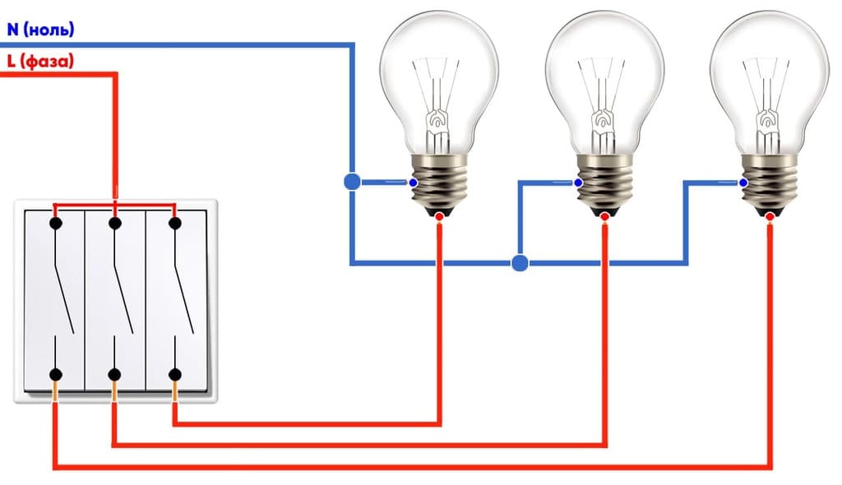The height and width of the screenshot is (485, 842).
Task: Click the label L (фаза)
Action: [40, 61]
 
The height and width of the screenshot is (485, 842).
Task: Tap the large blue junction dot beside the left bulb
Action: [352, 182]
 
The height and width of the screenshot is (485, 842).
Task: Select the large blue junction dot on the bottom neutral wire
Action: [519, 263]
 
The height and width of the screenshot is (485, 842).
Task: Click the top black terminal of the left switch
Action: [55, 223]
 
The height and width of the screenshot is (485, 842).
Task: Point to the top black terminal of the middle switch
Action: [114, 223]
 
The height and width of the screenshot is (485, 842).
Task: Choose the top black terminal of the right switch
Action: [174, 223]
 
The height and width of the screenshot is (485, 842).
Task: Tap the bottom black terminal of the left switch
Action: [55, 375]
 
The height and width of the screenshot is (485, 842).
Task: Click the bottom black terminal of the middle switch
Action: [114, 375]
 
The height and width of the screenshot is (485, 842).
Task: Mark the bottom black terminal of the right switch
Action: [174, 375]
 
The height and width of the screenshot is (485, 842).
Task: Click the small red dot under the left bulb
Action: [440, 217]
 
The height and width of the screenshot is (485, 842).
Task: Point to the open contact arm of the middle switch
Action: [124, 284]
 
